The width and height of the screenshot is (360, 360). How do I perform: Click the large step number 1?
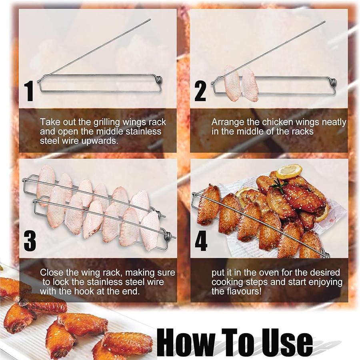click(29, 91)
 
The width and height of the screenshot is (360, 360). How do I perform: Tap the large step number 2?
click(200, 91)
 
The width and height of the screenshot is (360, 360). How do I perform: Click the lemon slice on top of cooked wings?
click(289, 171)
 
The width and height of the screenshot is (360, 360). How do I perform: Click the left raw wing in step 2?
click(232, 83)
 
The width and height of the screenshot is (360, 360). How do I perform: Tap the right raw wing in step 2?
click(250, 84)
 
